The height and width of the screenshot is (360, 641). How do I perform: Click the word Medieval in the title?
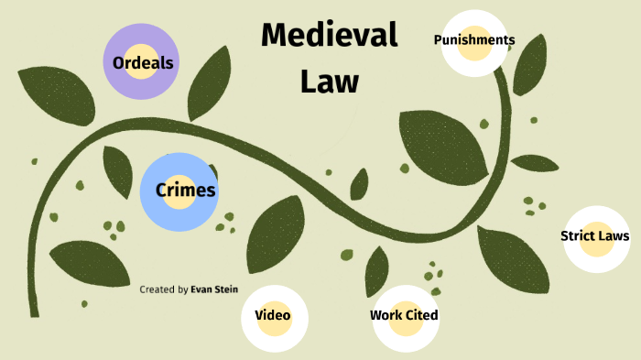coord(329,36)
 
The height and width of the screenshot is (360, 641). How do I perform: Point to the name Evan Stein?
coord(214,289)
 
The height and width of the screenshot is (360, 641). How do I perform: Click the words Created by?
coord(164,289)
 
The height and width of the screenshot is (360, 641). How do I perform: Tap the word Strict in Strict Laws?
coord(577,236)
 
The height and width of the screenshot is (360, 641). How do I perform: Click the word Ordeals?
coord(143,63)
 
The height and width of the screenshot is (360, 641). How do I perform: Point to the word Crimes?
coord(186,191)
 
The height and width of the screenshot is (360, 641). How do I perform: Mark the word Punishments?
coord(474,39)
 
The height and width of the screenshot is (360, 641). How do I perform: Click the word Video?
coord(273,315)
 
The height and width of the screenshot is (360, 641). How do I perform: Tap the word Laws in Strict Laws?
coord(614,236)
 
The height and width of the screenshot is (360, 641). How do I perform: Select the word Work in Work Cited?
coord(386,315)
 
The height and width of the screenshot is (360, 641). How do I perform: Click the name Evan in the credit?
coord(201,289)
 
